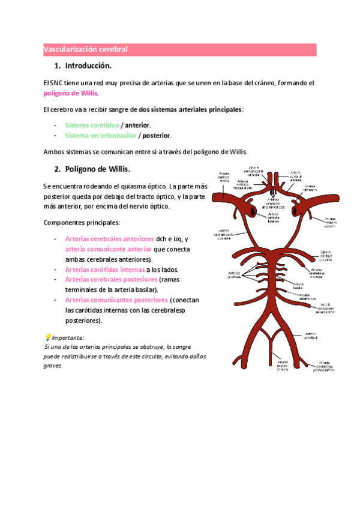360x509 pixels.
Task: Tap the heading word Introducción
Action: [x=88, y=65]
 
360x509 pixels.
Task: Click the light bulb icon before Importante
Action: [x=48, y=337]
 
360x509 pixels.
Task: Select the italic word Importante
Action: [x=68, y=337]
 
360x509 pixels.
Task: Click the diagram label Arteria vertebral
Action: [x=310, y=336]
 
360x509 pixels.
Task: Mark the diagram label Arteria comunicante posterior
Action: [x=224, y=233]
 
